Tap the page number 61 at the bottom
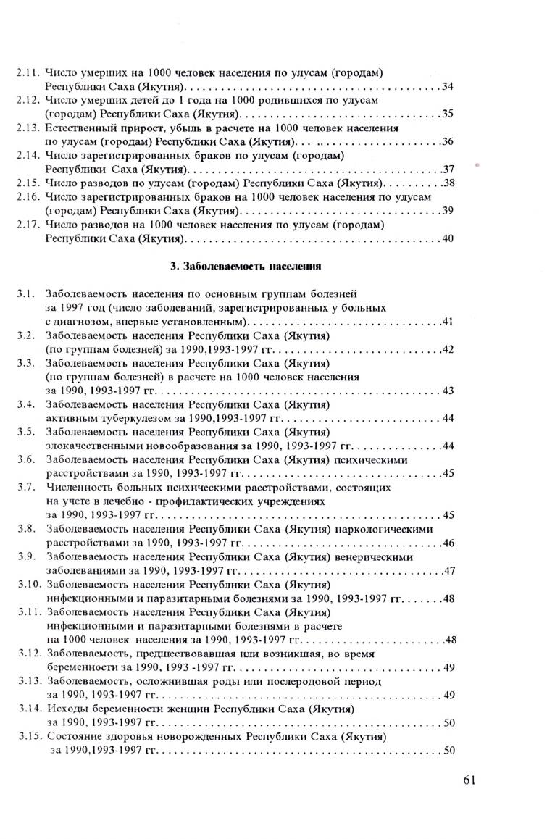467,780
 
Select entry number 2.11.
29,73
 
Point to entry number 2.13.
29,128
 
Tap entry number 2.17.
29,225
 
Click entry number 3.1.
27,294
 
